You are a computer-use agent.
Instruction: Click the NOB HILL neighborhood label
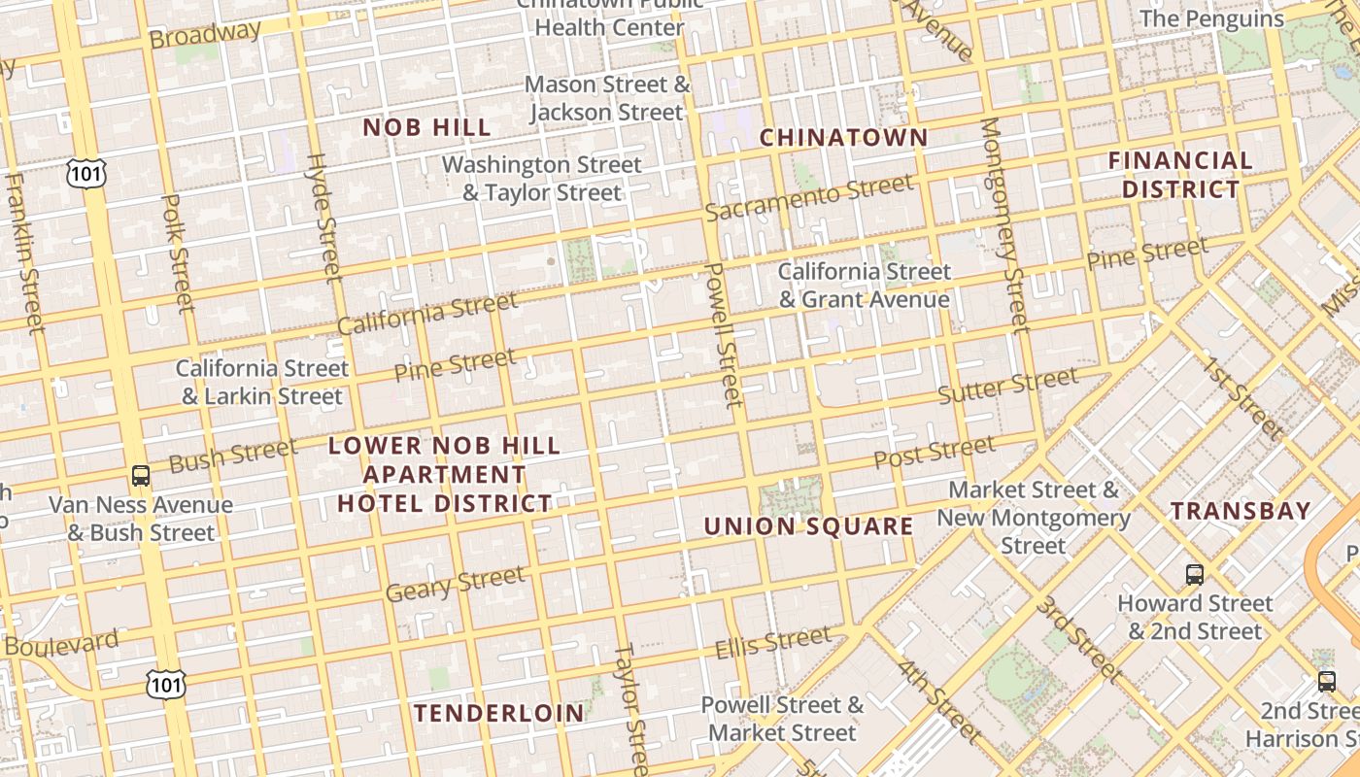(426, 127)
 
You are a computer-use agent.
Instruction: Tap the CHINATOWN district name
(843, 138)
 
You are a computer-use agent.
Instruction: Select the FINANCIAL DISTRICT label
(1180, 175)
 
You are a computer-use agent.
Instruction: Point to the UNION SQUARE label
(808, 526)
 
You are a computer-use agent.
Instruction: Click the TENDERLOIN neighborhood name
(499, 713)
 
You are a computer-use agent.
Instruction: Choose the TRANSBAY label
(1241, 511)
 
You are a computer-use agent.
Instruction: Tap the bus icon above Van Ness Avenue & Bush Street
(141, 476)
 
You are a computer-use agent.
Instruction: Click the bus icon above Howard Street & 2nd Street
(1195, 575)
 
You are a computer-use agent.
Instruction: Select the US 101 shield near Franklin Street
(85, 173)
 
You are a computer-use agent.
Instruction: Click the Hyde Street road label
(324, 219)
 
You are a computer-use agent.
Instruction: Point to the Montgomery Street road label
(1004, 224)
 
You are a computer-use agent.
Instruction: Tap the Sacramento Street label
(809, 197)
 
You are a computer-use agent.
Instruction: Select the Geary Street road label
(455, 584)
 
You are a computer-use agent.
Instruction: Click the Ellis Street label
(773, 643)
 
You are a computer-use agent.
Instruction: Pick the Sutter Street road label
(1007, 386)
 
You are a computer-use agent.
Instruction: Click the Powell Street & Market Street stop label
(782, 719)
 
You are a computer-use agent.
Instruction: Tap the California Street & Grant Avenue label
(864, 286)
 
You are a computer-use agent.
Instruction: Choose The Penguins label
(1211, 18)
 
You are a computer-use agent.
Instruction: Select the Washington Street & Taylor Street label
(541, 179)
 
